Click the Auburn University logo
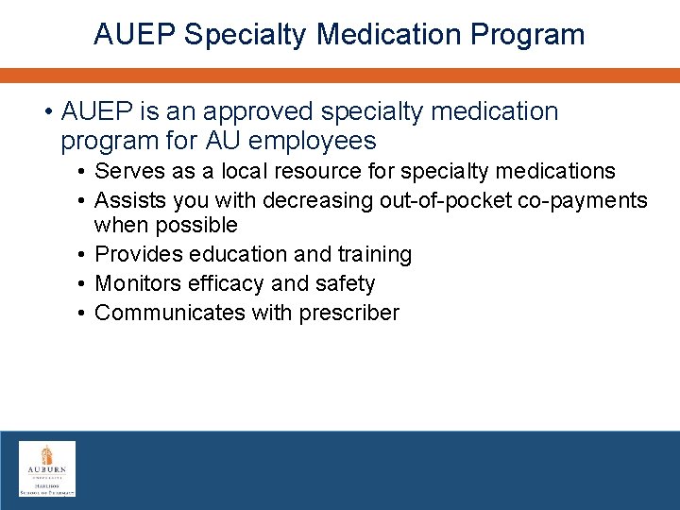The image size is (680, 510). [x=47, y=468]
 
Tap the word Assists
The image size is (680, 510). [x=129, y=200]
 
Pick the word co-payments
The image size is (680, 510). [x=590, y=200]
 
